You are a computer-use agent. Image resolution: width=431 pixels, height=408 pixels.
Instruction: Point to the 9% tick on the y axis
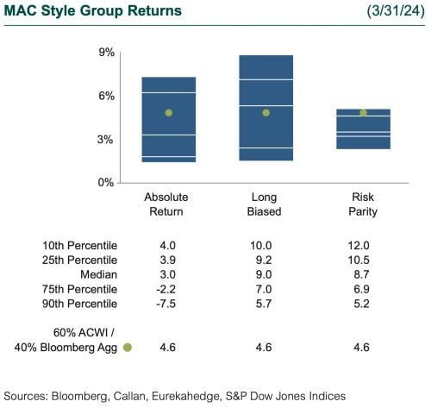(108, 53)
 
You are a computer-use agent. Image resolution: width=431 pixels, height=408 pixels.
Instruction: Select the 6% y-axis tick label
(108, 96)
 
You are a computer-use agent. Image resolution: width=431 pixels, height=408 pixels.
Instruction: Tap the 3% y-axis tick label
(108, 139)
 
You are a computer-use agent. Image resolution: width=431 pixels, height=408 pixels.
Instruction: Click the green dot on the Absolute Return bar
(168, 113)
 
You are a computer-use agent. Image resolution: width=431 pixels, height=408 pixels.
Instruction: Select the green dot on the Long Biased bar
(265, 113)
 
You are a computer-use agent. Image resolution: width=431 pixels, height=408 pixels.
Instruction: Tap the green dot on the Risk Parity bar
(363, 112)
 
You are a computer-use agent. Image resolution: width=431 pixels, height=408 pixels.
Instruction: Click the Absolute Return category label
(166, 204)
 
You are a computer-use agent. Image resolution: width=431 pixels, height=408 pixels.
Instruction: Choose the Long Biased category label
(265, 204)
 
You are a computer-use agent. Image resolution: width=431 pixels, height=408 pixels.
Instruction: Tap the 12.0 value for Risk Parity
(363, 245)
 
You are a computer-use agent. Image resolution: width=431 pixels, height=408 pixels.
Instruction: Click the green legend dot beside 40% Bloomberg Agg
(127, 348)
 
